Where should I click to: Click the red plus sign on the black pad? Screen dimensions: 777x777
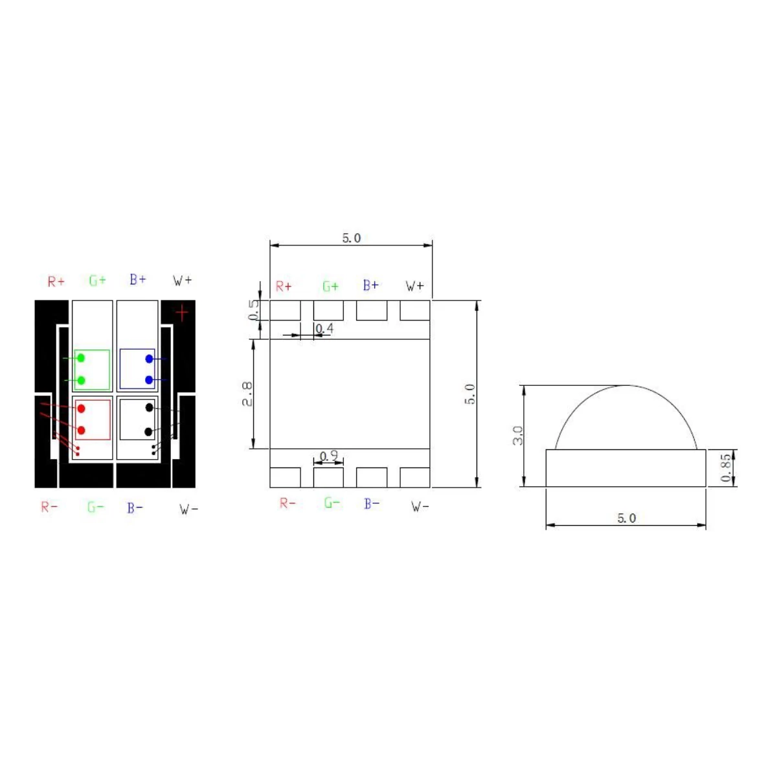click(182, 313)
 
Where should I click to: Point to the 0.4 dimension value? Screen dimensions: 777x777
click(324, 329)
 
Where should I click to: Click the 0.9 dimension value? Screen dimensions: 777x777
click(329, 456)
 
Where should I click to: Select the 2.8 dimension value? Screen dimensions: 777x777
click(247, 394)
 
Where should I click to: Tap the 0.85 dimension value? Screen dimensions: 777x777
click(725, 467)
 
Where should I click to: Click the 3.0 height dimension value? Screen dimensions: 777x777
click(517, 436)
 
